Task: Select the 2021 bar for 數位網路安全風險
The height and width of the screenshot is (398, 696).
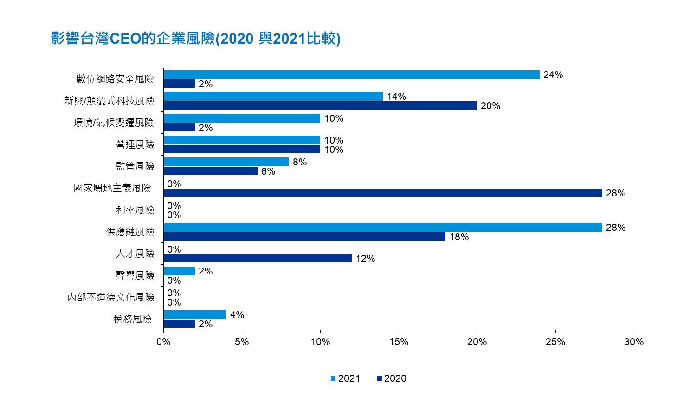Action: point(351,75)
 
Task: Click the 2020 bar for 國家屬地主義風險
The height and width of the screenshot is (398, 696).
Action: point(383,193)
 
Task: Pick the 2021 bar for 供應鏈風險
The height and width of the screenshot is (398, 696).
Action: point(383,228)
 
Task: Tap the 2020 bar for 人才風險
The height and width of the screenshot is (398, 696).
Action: point(258,258)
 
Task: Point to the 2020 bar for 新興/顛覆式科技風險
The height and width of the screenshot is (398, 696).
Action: point(320,105)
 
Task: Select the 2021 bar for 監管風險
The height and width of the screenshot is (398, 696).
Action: point(226,162)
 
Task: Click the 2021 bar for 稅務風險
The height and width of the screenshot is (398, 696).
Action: point(195,315)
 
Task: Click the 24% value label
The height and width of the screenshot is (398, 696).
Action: point(553,75)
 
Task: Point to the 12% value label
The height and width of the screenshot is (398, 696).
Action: point(365,259)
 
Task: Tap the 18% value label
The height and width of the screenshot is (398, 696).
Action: point(459,237)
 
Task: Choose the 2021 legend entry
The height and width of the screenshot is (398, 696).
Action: point(345,378)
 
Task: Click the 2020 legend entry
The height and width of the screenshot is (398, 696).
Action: point(392,378)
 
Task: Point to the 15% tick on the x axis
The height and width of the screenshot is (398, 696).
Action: point(399,342)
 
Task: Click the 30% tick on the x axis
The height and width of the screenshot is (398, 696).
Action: point(634,342)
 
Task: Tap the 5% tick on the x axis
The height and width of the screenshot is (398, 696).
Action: point(242,342)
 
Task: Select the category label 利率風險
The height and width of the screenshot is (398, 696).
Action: point(135,210)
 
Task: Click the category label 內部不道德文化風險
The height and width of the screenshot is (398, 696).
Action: point(110,297)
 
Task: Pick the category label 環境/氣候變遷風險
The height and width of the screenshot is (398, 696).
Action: point(114,123)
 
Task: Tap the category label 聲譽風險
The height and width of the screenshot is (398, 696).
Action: point(135,275)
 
